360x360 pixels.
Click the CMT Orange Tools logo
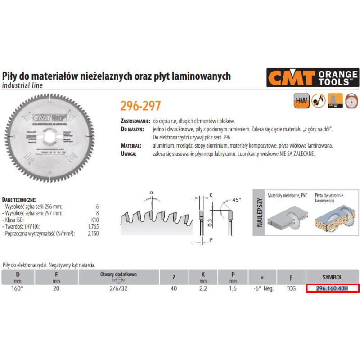[312, 78]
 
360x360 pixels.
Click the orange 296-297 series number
[140, 106]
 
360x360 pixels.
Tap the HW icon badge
[300, 100]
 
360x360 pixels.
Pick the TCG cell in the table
[291, 288]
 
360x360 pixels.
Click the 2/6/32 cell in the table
[118, 288]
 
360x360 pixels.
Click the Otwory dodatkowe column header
[118, 274]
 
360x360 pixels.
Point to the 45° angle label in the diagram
[237, 199]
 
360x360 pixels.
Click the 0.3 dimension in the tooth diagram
[210, 221]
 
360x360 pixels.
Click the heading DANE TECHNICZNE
[19, 199]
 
